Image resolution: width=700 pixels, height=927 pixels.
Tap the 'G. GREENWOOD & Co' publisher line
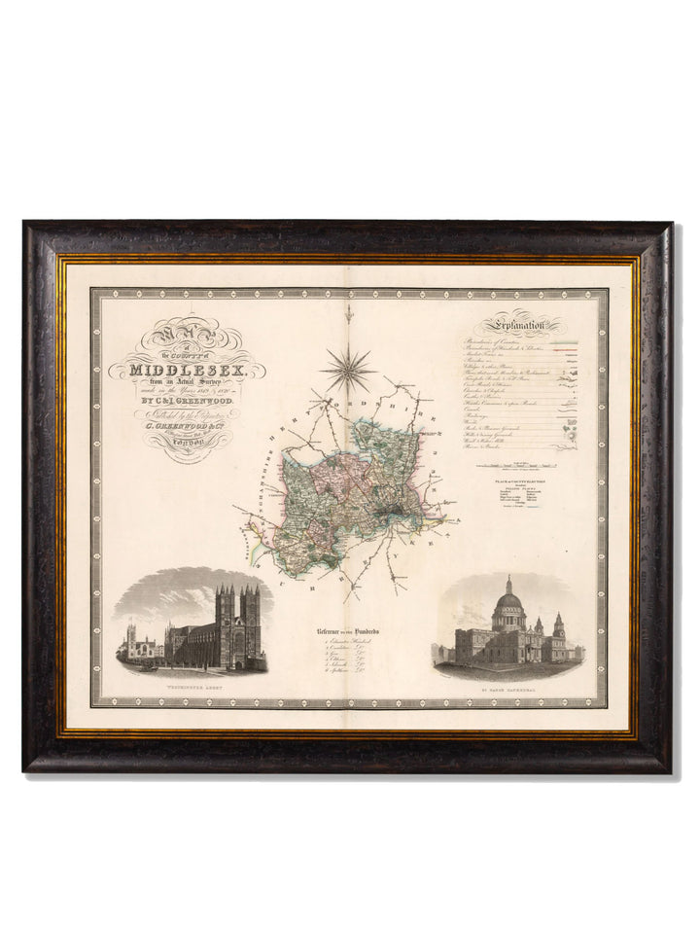(x=184, y=424)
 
